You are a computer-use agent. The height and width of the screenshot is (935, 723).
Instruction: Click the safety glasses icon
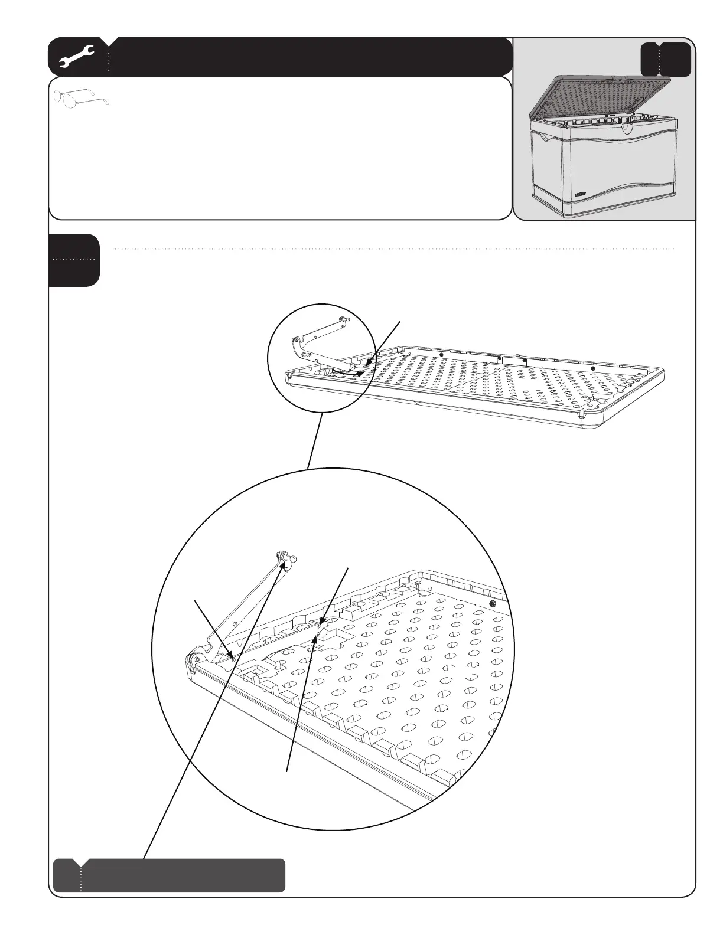click(83, 97)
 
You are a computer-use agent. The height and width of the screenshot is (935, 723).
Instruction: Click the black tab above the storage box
click(666, 59)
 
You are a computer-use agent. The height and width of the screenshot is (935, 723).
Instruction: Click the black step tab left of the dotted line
click(74, 260)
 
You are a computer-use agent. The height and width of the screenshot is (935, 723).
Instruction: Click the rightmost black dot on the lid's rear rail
click(593, 369)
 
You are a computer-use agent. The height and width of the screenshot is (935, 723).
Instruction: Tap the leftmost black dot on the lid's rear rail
click(441, 355)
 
